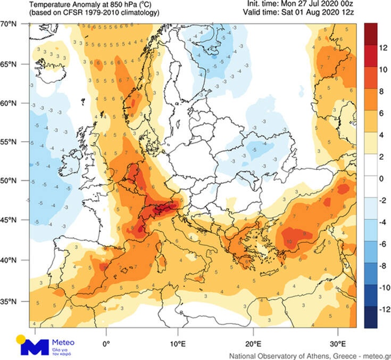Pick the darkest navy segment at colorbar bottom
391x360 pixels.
[371, 318]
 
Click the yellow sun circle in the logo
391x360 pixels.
[21, 339]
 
